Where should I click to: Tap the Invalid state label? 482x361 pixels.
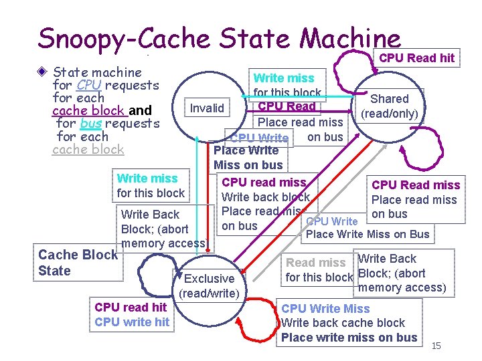click(208, 108)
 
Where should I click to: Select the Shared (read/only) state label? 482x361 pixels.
click(390, 106)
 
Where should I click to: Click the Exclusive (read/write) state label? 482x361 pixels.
click(209, 285)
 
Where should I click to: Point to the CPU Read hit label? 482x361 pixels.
click(416, 57)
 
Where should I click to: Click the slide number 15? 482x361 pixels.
click(436, 346)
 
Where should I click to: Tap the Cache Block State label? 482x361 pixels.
click(78, 262)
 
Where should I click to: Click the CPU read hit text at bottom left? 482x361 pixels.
click(131, 308)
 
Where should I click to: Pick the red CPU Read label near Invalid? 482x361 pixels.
click(287, 106)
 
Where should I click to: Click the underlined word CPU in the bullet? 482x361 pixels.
click(89, 85)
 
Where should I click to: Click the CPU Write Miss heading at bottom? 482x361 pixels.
click(325, 308)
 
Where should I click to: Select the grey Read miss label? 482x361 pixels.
click(315, 263)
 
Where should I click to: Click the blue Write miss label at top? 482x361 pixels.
click(284, 78)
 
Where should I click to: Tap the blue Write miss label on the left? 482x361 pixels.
click(147, 178)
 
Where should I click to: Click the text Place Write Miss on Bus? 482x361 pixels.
click(368, 234)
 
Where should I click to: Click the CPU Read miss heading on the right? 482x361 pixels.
click(416, 185)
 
